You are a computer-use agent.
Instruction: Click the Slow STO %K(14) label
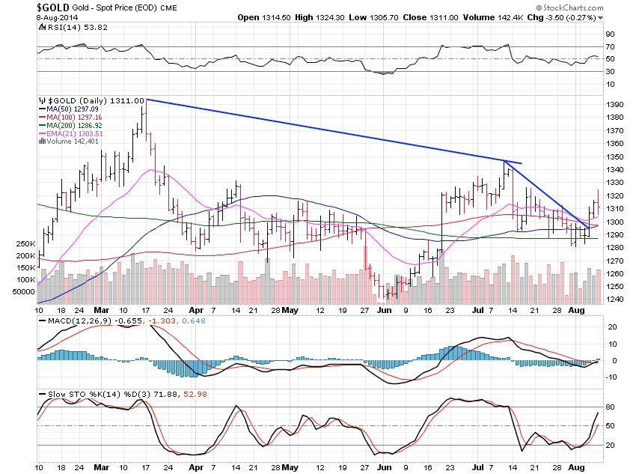point(75,394)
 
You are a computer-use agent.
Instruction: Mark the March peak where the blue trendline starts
point(146,99)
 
